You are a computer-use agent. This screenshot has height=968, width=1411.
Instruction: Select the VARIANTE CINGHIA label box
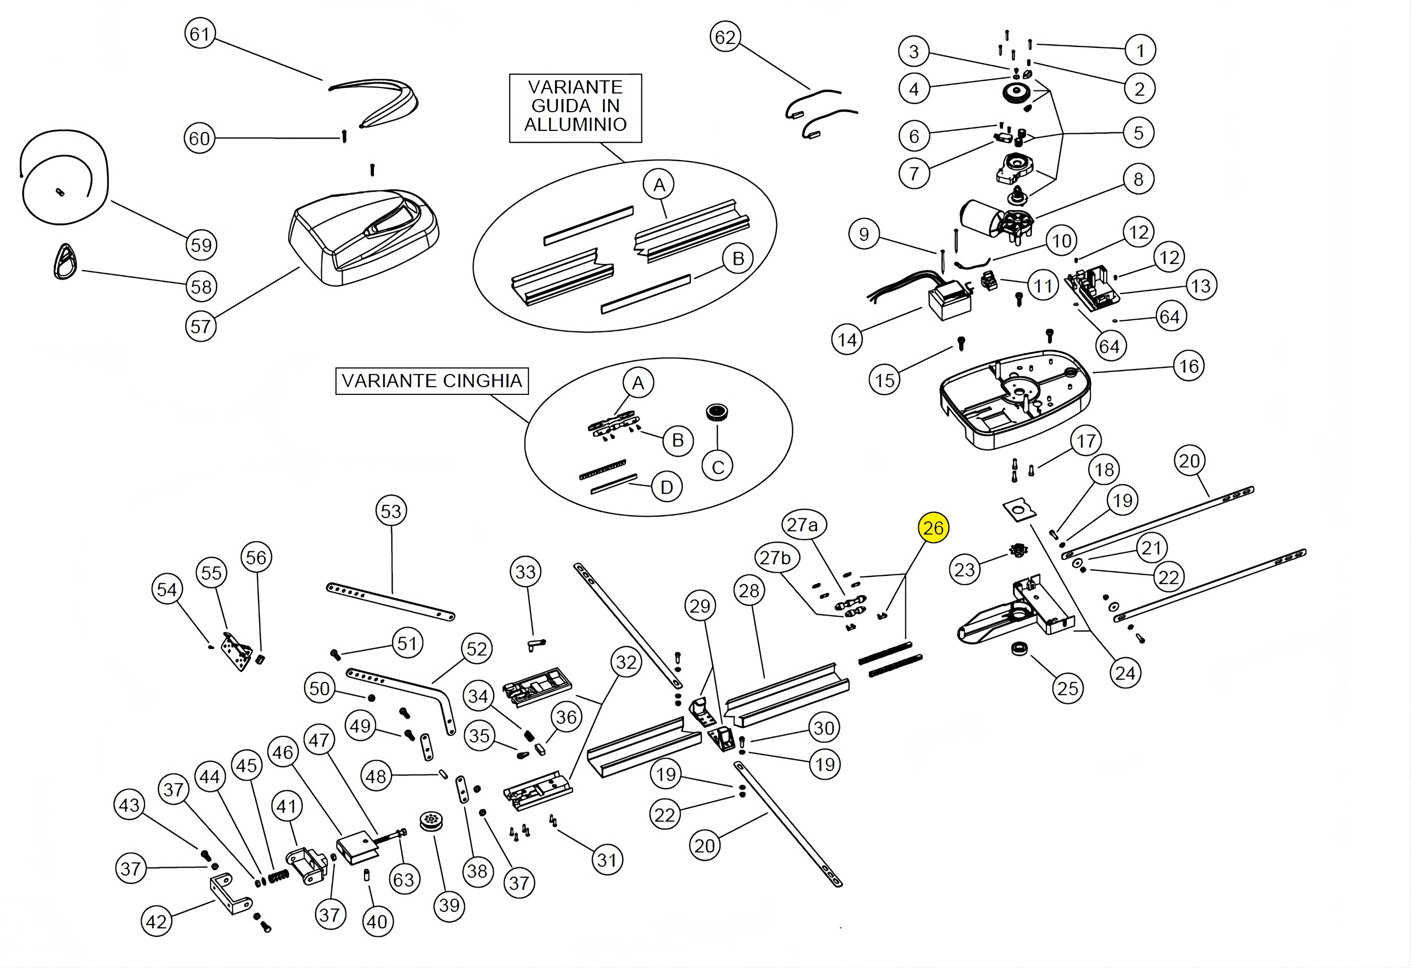point(432,381)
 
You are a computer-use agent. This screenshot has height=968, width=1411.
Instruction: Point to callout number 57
point(200,327)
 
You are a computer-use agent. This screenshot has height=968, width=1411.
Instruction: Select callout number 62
point(725,38)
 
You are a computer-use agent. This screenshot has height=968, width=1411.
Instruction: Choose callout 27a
point(802,525)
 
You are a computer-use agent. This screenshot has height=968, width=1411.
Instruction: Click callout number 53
point(391,511)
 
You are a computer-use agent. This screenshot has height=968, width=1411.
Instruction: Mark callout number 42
point(156,922)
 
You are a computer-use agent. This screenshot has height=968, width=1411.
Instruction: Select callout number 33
point(525,571)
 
